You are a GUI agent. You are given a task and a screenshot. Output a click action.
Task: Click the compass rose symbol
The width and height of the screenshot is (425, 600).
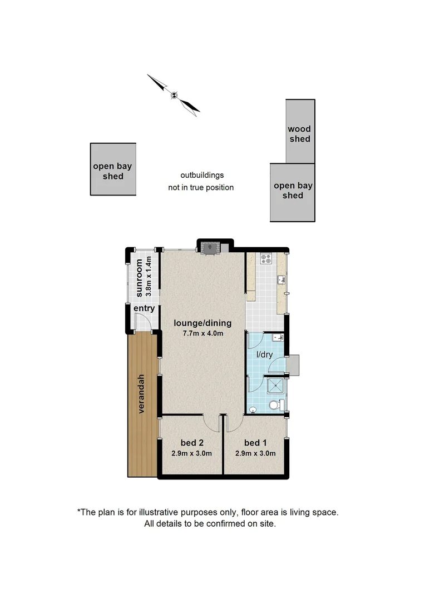pyautogui.click(x=174, y=95)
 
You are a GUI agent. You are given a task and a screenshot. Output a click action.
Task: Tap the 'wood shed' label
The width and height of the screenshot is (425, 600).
pyautogui.click(x=299, y=134)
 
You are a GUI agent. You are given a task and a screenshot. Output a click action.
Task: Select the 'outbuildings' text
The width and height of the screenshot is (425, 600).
pyautogui.click(x=201, y=175)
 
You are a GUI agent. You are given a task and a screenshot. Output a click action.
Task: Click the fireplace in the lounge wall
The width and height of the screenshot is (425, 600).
pyautogui.click(x=210, y=249)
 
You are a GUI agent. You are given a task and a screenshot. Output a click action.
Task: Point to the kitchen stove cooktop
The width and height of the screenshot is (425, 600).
pyautogui.click(x=266, y=258)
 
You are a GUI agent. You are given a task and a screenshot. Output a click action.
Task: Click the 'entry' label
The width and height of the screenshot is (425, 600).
pyautogui.click(x=144, y=308)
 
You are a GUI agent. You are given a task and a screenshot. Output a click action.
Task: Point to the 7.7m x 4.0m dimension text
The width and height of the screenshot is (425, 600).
pyautogui.click(x=202, y=333)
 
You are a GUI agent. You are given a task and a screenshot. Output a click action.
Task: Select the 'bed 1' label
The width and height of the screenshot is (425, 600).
pyautogui.click(x=255, y=443)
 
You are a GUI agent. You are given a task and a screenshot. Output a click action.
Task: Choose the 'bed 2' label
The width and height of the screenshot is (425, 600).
pyautogui.click(x=192, y=443)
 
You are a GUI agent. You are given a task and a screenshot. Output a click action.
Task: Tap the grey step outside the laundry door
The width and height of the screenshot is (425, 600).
pyautogui.click(x=293, y=364)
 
